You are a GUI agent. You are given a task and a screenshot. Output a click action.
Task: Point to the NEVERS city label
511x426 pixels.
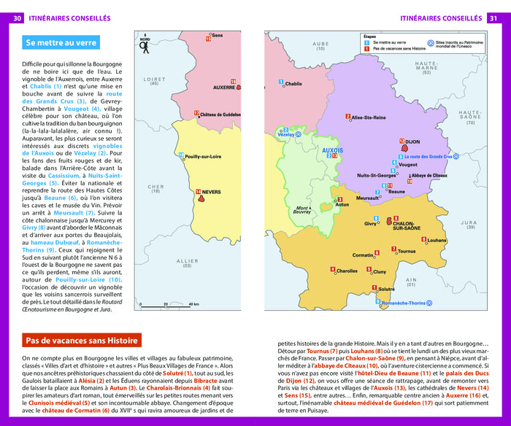(211, 192)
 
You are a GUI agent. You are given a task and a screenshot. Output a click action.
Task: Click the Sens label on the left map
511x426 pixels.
(217, 35)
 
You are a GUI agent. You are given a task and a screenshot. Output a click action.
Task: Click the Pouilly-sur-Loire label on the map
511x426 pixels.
(203, 156)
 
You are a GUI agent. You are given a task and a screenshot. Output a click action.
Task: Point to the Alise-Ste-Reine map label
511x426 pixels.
(368, 117)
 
